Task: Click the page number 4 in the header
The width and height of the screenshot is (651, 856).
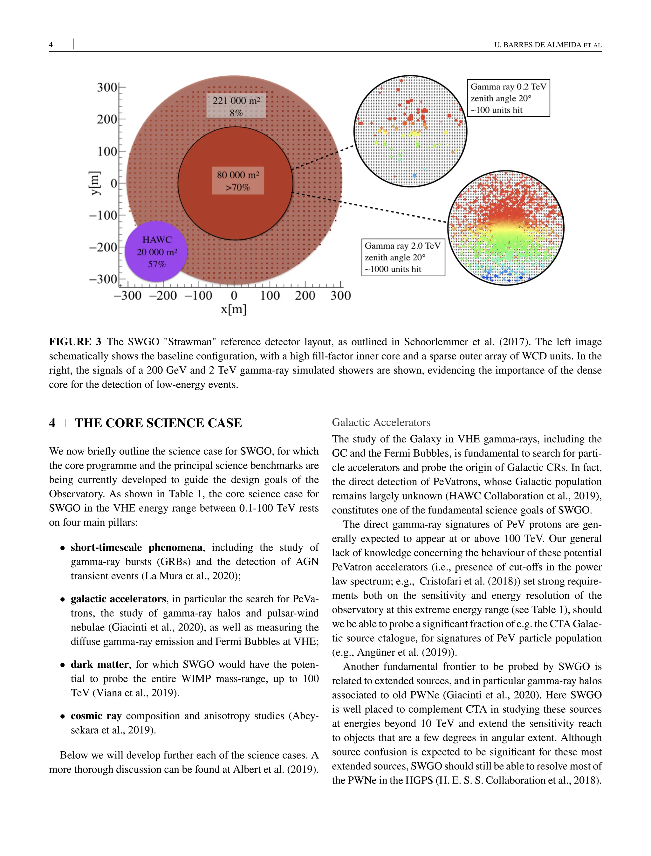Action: tap(51, 45)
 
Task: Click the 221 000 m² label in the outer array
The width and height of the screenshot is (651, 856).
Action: tap(236, 101)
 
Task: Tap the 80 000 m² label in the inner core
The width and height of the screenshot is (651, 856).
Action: tap(237, 175)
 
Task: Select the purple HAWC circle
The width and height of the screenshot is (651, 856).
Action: tap(156, 252)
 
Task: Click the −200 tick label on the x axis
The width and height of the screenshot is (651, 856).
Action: tap(163, 296)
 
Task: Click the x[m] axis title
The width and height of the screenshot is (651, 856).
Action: tap(234, 310)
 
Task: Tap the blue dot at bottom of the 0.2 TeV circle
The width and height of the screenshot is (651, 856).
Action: tap(414, 176)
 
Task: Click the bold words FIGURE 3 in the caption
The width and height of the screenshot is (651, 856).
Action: tap(75, 342)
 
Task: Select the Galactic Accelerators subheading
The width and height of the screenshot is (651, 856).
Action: tap(381, 423)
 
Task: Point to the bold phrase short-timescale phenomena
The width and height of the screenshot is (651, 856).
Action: tap(136, 548)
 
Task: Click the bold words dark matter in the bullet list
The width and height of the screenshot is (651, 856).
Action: tap(99, 665)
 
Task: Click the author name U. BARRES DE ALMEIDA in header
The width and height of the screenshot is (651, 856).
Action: tap(538, 45)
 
